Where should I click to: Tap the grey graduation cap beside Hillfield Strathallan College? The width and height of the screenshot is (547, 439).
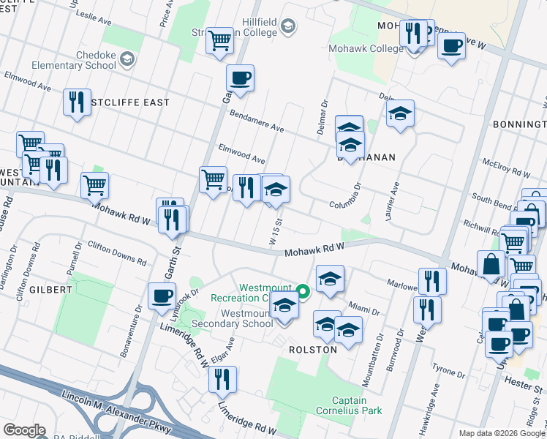click(288, 27)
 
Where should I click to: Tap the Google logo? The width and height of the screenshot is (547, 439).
click(24, 430)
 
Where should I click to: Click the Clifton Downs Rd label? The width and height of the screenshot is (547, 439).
click(117, 252)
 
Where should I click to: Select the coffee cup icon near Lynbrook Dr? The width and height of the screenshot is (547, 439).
click(162, 296)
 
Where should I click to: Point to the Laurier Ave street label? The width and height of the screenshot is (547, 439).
click(393, 197)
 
